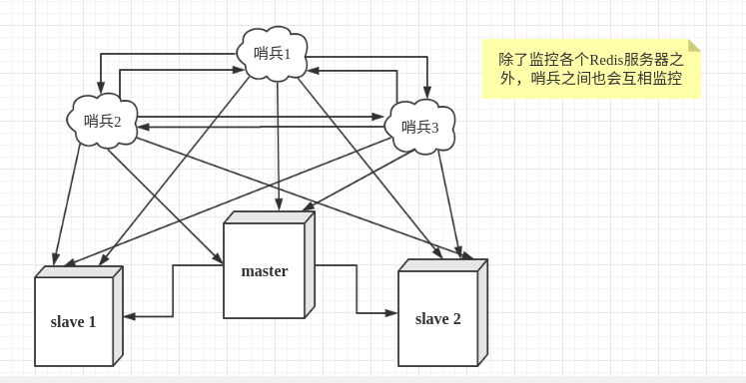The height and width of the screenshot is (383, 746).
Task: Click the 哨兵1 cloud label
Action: pyautogui.click(x=272, y=53)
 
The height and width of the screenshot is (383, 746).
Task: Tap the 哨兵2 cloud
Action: pyautogui.click(x=102, y=122)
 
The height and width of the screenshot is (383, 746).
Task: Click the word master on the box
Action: pyautogui.click(x=264, y=270)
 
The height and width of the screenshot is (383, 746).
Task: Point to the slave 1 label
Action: pyautogui.click(x=73, y=321)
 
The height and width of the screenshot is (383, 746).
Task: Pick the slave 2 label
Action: pyautogui.click(x=437, y=318)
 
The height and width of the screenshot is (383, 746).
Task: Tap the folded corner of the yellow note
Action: pyautogui.click(x=694, y=45)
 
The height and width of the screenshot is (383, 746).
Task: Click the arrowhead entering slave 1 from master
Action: pyautogui.click(x=129, y=316)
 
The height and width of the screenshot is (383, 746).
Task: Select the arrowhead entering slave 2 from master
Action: pyautogui.click(x=392, y=312)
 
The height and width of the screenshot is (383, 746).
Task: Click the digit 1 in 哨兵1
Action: pyautogui.click(x=287, y=54)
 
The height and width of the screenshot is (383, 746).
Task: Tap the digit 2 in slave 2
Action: pyautogui.click(x=456, y=318)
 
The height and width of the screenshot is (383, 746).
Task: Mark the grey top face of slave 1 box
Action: pyautogui.click(x=79, y=271)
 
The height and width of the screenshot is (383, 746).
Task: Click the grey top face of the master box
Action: pyautogui.click(x=269, y=216)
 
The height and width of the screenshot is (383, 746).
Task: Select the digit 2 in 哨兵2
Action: pyautogui.click(x=117, y=122)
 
